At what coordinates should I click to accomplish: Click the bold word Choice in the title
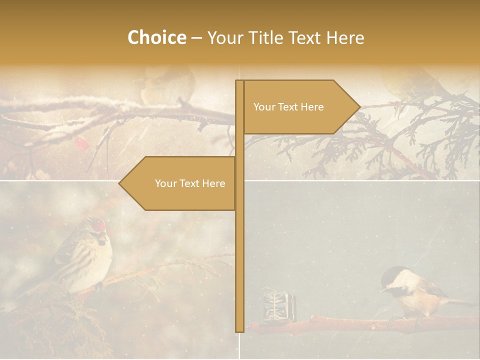(x=156, y=37)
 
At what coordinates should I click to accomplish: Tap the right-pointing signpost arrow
(x=300, y=107)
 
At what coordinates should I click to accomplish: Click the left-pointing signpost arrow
(x=177, y=183)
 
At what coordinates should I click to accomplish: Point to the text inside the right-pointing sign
(x=288, y=107)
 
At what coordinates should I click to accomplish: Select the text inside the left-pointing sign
(x=190, y=183)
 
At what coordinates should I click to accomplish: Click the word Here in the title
(x=345, y=37)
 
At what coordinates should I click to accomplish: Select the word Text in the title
(x=304, y=37)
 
